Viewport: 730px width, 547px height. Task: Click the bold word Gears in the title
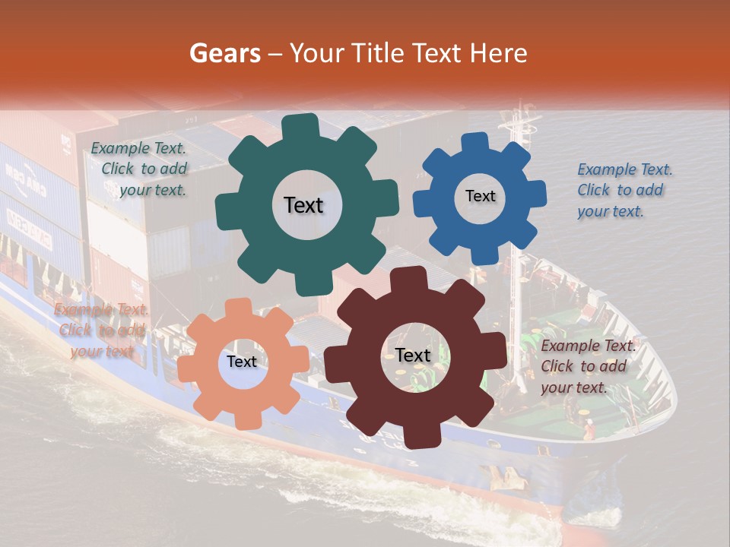click(224, 53)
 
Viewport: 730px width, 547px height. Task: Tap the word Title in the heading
click(379, 53)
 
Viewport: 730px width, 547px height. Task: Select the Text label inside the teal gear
click(303, 205)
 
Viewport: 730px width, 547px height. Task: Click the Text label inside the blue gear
click(480, 196)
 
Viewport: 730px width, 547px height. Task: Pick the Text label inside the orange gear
click(242, 362)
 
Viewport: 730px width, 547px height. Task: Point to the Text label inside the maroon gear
click(413, 355)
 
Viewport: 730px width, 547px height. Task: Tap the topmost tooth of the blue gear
click(475, 142)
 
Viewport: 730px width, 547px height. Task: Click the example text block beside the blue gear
click(624, 190)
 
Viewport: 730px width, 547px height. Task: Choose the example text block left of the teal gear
click(140, 169)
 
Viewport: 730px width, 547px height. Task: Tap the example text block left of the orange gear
click(101, 330)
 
